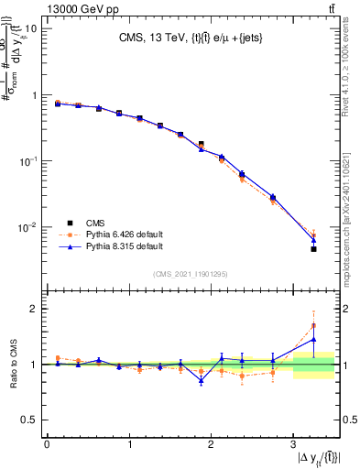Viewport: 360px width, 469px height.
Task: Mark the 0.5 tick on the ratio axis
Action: click(29, 420)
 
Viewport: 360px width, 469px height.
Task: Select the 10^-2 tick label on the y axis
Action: click(27, 227)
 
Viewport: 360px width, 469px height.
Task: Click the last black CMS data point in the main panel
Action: click(313, 249)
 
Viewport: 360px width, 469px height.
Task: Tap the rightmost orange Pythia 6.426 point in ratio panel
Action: click(313, 325)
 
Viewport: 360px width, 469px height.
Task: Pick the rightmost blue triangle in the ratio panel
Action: click(313, 339)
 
